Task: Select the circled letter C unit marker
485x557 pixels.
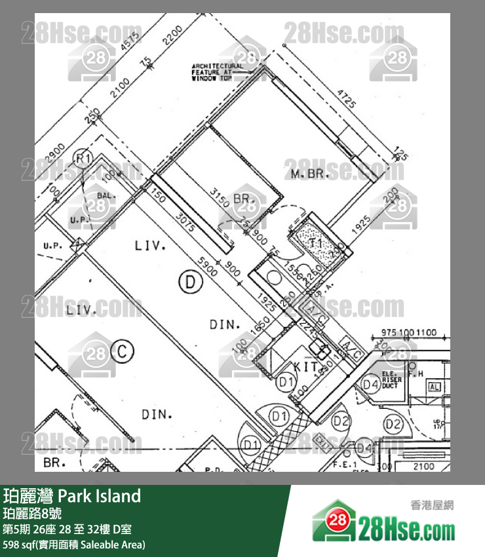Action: (x=122, y=352)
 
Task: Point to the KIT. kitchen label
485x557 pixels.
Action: (x=306, y=367)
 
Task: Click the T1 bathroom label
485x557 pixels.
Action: (x=316, y=243)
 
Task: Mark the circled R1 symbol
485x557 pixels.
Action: (x=82, y=159)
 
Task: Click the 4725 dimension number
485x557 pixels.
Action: (x=346, y=102)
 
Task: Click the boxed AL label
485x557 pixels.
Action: (x=434, y=387)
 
